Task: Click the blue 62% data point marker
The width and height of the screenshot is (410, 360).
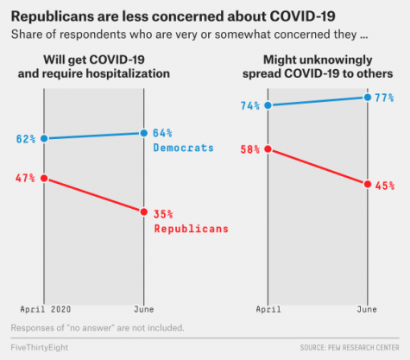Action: pos(44,139)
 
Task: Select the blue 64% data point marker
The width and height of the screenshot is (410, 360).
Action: pos(144,133)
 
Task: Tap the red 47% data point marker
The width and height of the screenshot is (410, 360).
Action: pos(44,179)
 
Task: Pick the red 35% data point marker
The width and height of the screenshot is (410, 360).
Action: pos(144,212)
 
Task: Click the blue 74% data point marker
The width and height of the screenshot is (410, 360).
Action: pos(268,105)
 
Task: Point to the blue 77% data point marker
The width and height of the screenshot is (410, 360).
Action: pos(368,98)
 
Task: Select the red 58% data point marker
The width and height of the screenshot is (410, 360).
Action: pos(268,149)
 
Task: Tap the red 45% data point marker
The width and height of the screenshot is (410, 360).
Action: pos(368,184)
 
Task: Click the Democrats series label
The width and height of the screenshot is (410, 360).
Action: pos(184,148)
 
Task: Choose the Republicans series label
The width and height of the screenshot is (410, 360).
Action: pos(192,229)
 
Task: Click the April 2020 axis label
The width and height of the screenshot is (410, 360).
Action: pos(46,309)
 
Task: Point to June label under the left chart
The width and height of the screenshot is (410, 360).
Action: pos(144,309)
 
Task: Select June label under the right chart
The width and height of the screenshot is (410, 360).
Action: pos(367,309)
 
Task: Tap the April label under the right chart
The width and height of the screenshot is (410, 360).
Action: pos(268,309)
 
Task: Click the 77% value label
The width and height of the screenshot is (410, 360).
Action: pos(384,98)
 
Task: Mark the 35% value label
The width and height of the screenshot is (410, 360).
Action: pos(163,214)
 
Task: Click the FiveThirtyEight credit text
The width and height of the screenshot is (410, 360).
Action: pos(40,348)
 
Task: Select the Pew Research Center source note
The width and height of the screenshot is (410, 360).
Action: pos(350,348)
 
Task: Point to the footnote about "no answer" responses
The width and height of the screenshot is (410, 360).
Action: pos(98,328)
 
